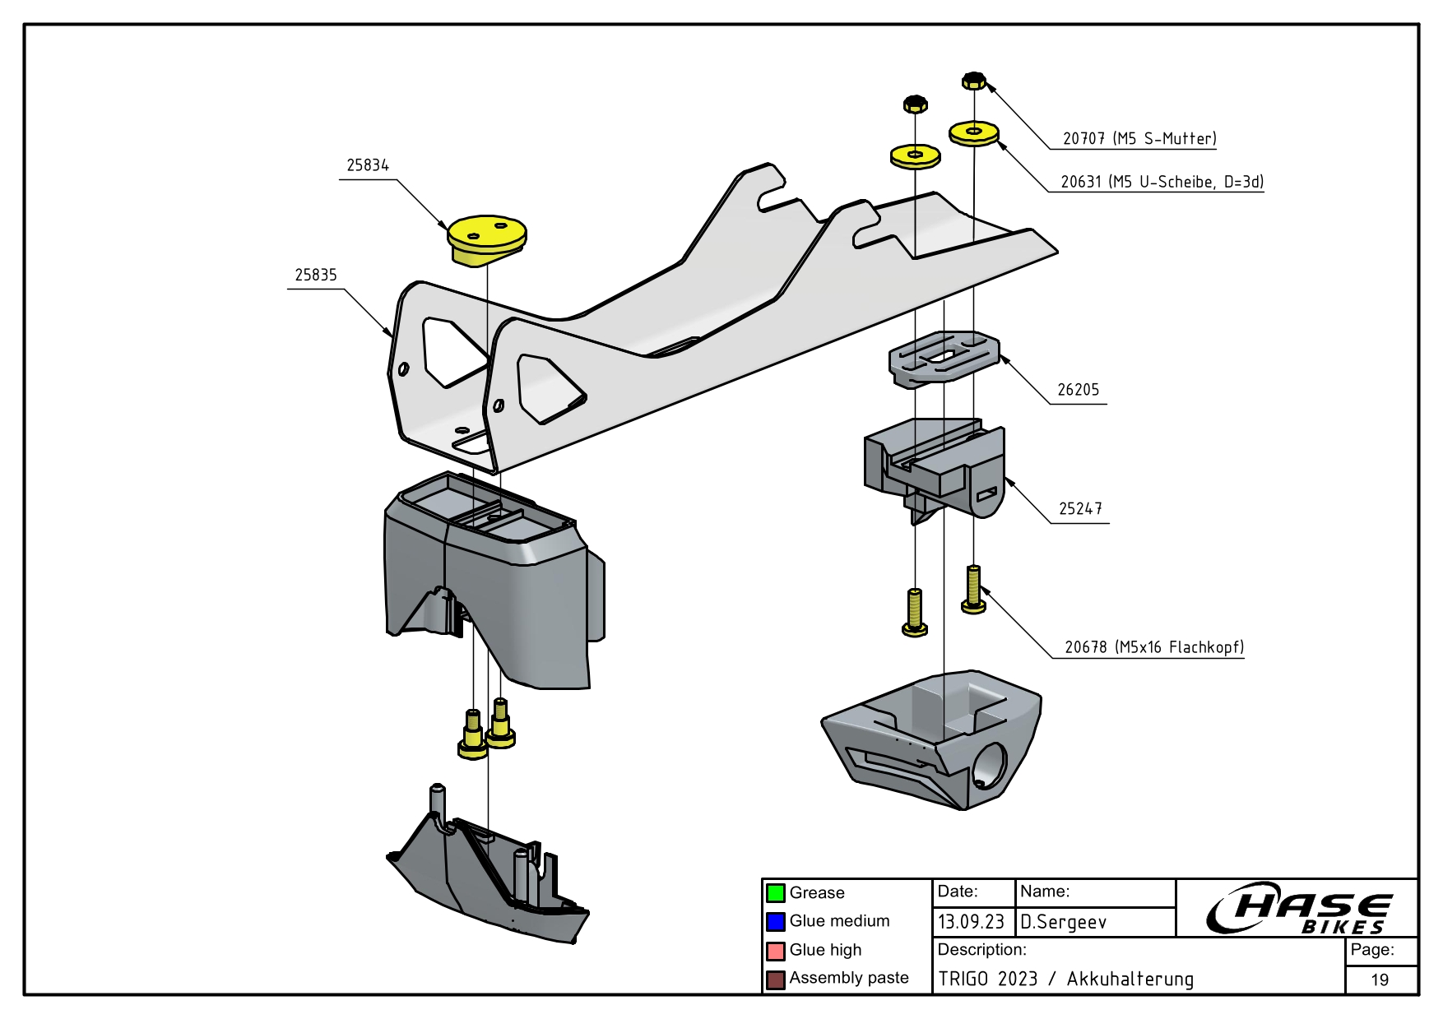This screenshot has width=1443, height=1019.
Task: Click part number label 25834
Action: click(367, 165)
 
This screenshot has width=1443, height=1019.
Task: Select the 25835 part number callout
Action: click(316, 275)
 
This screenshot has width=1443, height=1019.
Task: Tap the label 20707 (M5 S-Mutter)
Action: click(1139, 138)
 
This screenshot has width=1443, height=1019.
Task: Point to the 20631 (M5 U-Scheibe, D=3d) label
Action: click(1162, 182)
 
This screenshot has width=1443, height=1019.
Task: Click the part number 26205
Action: click(1078, 390)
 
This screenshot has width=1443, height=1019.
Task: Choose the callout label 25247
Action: click(1079, 509)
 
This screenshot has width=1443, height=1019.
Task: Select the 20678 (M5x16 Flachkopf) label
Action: click(1153, 647)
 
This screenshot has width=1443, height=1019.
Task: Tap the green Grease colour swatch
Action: click(775, 893)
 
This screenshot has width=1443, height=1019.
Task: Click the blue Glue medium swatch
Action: click(775, 921)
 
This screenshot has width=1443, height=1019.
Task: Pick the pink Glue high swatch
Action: click(775, 951)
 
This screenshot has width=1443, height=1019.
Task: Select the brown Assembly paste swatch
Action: click(775, 980)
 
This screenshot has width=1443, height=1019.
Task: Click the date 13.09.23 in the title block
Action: click(971, 922)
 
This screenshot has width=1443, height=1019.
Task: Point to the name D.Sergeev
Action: click(1063, 922)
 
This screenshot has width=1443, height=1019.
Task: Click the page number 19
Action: click(1380, 980)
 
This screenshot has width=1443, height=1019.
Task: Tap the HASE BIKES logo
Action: click(1298, 909)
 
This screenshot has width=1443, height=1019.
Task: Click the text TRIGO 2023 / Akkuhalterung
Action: click(1065, 979)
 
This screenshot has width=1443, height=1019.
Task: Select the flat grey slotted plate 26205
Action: click(943, 357)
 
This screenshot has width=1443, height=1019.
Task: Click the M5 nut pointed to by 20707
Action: click(974, 81)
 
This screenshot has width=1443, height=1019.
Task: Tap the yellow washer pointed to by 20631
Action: click(974, 132)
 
